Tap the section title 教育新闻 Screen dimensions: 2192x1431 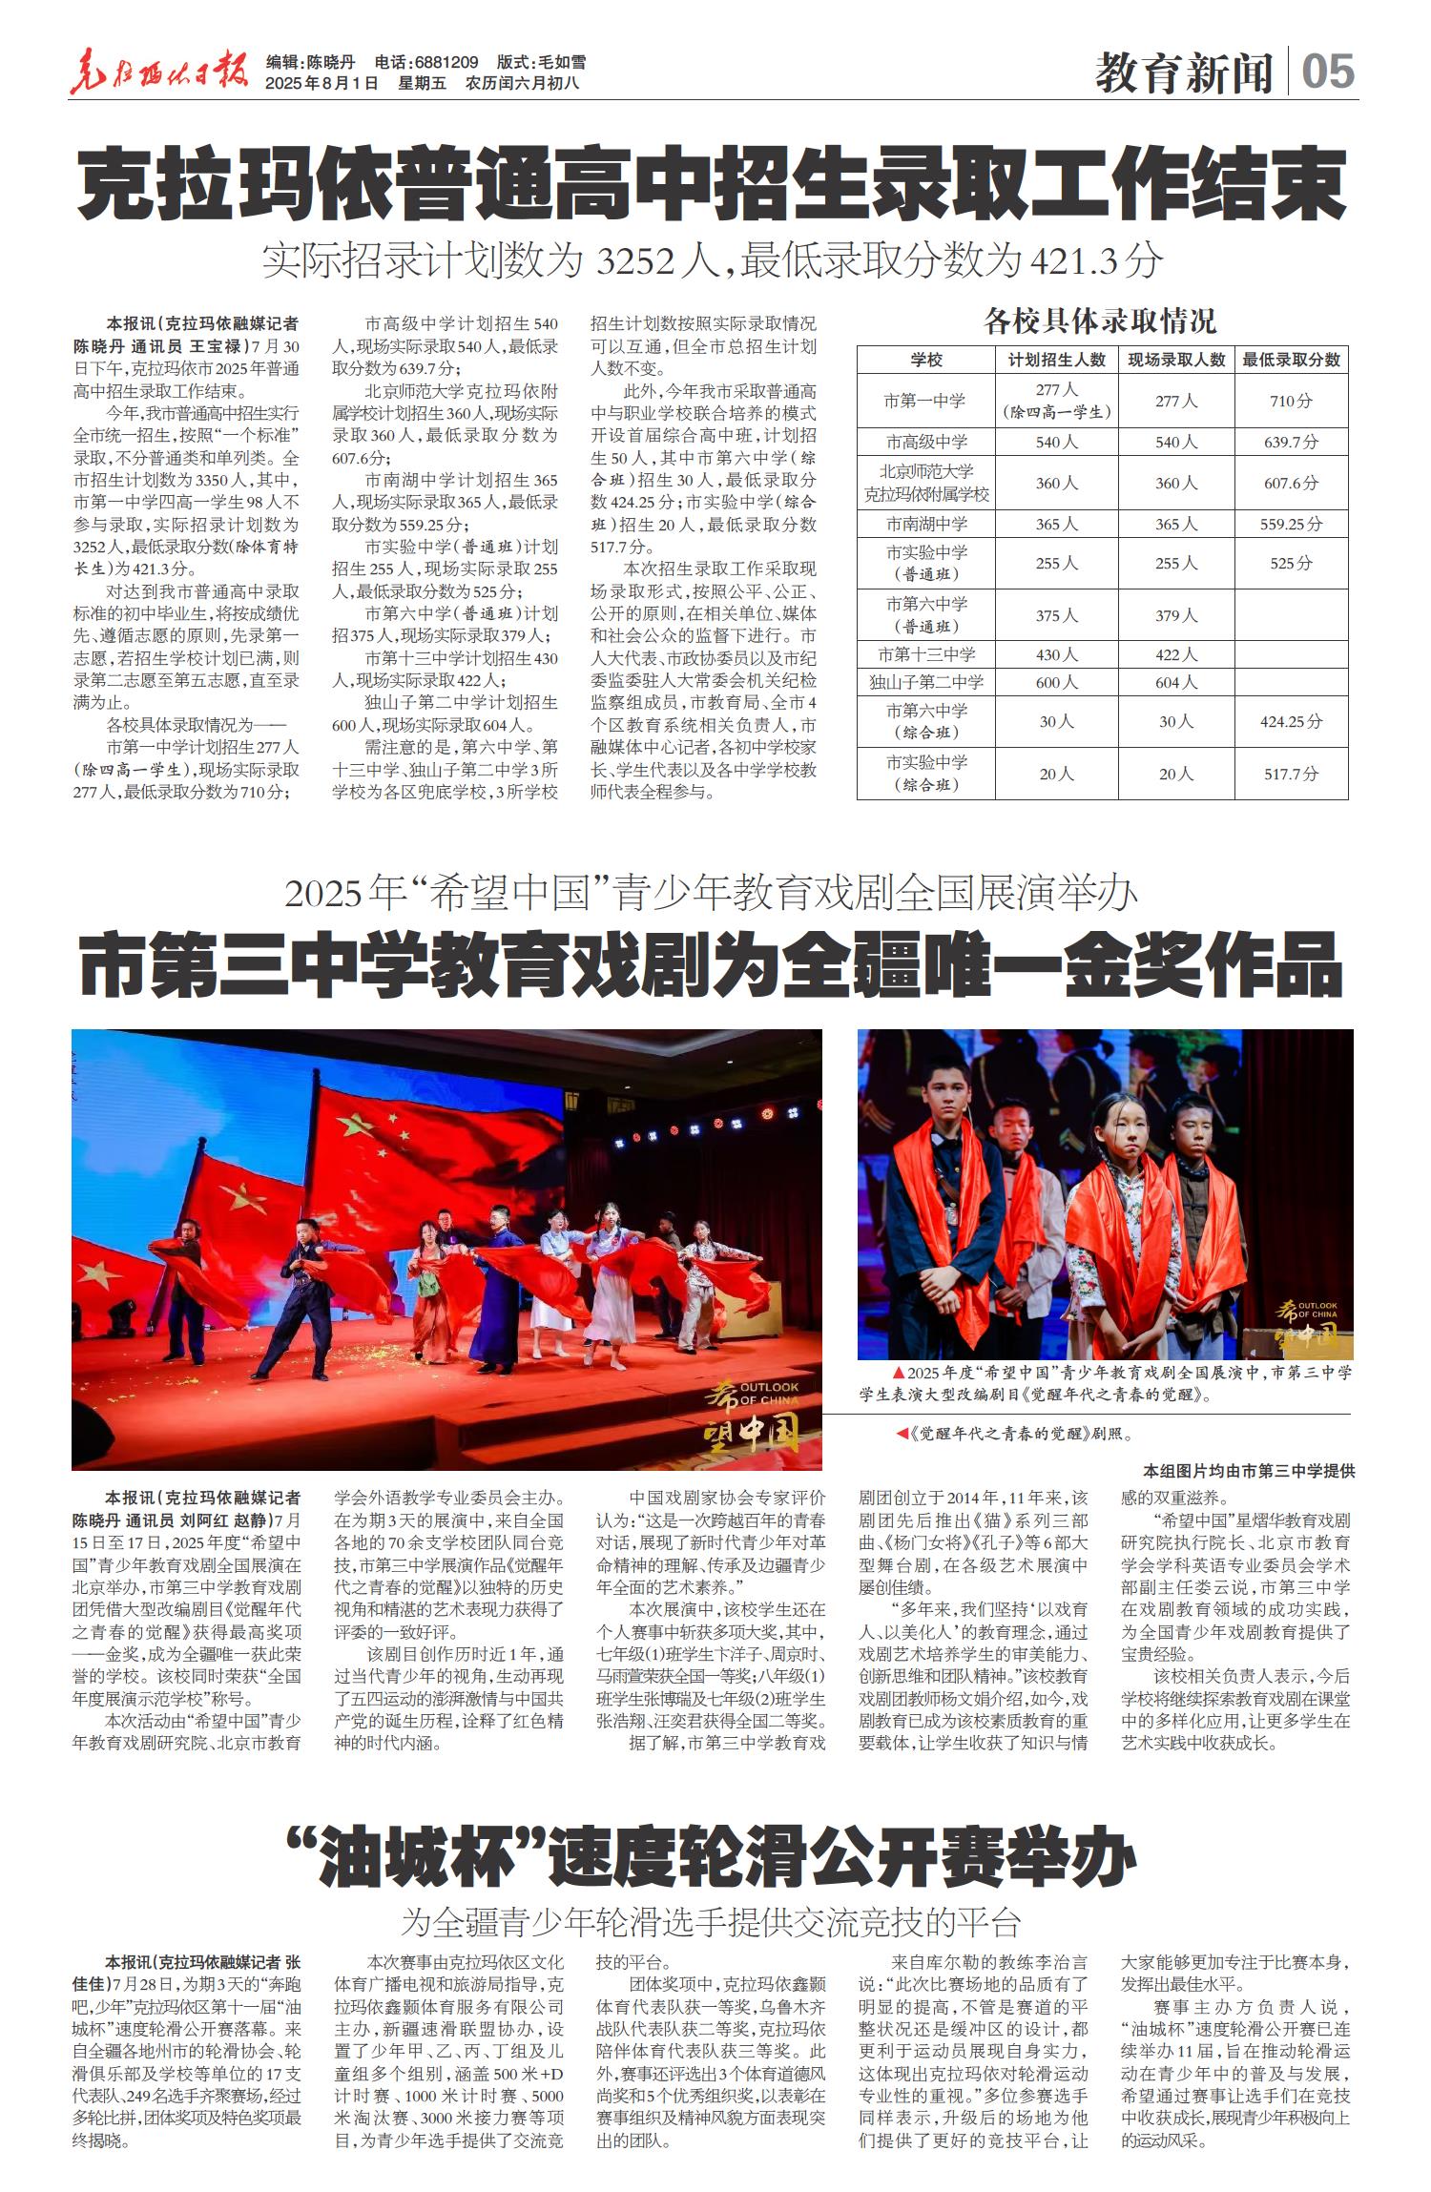(1184, 72)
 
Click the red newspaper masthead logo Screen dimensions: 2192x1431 (159, 72)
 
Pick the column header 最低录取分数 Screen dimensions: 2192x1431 (1291, 360)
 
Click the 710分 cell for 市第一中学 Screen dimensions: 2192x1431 (1291, 401)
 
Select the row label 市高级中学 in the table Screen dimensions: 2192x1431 (925, 442)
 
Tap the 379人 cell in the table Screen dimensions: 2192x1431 (1175, 615)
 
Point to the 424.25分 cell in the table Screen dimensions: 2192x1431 (1291, 722)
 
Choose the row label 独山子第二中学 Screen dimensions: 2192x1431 (925, 682)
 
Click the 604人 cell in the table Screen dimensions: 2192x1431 (1175, 682)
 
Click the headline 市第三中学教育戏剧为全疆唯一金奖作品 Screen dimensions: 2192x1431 (711, 967)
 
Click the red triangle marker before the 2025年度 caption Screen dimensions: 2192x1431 (898, 1373)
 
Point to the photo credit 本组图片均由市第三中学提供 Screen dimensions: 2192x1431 (1248, 1472)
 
